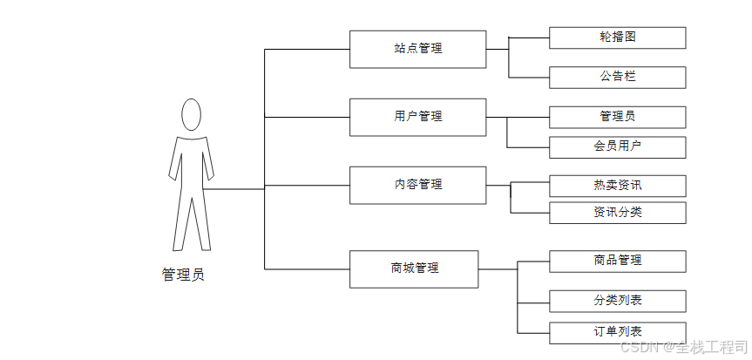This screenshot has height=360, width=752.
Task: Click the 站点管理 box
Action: coord(417,49)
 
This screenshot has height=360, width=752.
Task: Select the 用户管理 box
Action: coord(417,117)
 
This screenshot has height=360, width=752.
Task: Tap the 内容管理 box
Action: coord(417,185)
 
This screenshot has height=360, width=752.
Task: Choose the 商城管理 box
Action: coord(414,268)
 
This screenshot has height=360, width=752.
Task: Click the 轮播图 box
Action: coord(617,37)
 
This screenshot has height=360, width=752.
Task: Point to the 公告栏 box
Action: coord(617,77)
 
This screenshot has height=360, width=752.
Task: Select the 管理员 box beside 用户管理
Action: coord(617,117)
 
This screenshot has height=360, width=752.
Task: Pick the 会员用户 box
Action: coord(617,146)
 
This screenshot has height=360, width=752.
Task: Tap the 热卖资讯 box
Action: coord(617,186)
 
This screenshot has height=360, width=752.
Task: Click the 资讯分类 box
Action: coord(617,212)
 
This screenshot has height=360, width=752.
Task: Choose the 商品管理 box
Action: coord(617,261)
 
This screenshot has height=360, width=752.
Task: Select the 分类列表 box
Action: coord(617,301)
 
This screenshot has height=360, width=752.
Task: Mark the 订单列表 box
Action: coord(617,332)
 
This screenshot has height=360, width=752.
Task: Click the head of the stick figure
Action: coord(191,114)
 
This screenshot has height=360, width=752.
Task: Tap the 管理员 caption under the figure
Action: coord(183,275)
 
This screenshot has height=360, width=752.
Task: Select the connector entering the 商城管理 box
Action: coord(307,268)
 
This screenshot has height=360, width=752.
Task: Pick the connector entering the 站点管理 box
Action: coord(307,50)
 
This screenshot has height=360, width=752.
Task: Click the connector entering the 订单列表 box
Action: coord(533,333)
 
